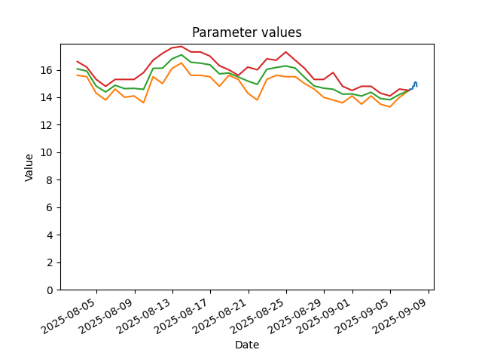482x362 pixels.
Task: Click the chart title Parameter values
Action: point(247,32)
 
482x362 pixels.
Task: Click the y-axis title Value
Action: point(29,167)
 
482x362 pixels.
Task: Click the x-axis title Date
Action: point(247,345)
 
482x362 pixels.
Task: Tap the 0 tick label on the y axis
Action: point(50,290)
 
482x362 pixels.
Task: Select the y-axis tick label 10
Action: point(46,152)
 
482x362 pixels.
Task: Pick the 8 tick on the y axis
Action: point(50,180)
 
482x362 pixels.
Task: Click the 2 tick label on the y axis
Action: point(50,263)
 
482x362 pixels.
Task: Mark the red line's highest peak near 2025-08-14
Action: point(182,47)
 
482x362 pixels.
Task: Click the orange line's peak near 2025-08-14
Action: point(182,63)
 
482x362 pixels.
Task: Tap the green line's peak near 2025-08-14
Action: point(182,55)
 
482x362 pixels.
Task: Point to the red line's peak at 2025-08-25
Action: point(286,52)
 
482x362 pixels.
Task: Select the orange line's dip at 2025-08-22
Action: point(258,100)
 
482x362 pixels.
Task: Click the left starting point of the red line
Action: point(77,61)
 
